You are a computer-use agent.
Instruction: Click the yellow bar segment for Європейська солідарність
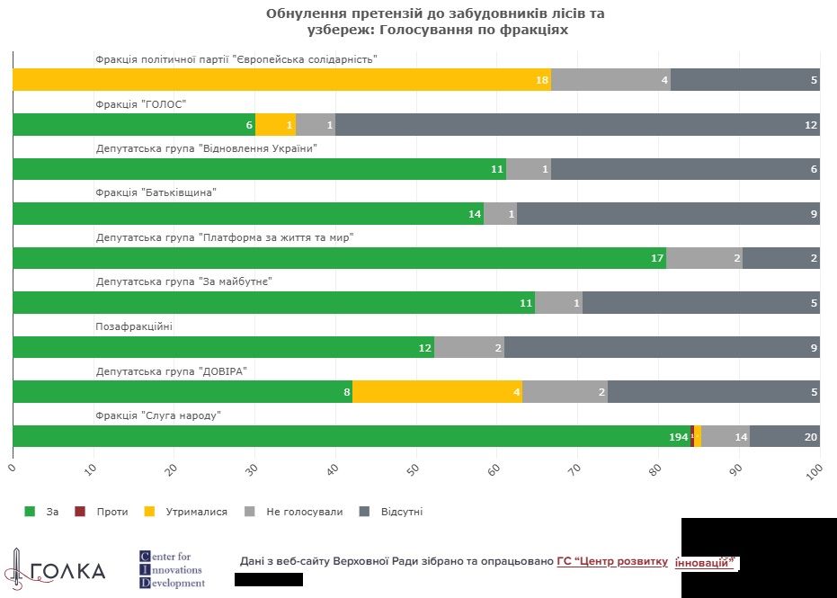[281, 80]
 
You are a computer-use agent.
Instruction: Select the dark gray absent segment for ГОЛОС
[575, 125]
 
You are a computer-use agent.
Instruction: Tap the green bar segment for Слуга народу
[351, 436]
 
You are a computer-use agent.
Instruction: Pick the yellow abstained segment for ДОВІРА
[437, 392]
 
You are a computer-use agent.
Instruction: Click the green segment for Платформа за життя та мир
[339, 258]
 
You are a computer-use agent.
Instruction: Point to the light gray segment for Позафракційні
[468, 347]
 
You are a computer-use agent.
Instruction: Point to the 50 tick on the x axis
[414, 469]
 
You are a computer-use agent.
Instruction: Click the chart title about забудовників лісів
[417, 22]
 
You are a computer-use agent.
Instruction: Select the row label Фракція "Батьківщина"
[156, 192]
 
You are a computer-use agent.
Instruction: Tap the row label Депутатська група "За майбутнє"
[183, 281]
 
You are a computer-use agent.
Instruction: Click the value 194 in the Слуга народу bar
[678, 437]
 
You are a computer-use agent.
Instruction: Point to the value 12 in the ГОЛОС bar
[811, 125]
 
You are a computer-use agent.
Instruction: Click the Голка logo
[55, 569]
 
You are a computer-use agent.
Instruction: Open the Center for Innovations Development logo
[172, 569]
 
